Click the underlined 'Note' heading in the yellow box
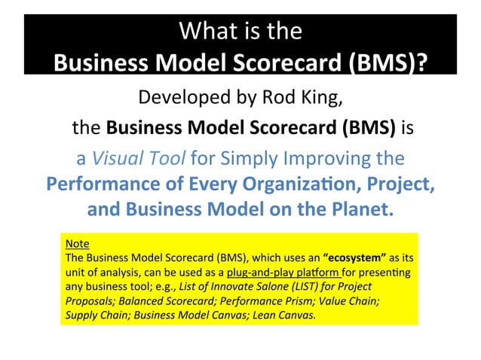click(78, 245)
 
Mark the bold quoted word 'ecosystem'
click(357, 258)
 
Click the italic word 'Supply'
click(81, 315)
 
